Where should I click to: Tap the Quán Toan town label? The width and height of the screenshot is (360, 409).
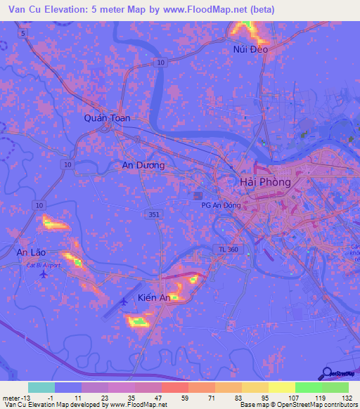tap(108, 118)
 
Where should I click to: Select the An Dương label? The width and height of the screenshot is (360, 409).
tap(143, 165)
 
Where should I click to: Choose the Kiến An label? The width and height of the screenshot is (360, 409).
tap(155, 298)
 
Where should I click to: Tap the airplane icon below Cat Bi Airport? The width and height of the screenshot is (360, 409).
tap(45, 274)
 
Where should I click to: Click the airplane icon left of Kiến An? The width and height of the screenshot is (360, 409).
tap(125, 301)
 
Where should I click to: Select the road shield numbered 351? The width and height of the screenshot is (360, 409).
tap(153, 215)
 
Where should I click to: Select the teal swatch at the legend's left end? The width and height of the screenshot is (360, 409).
tap(41, 387)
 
